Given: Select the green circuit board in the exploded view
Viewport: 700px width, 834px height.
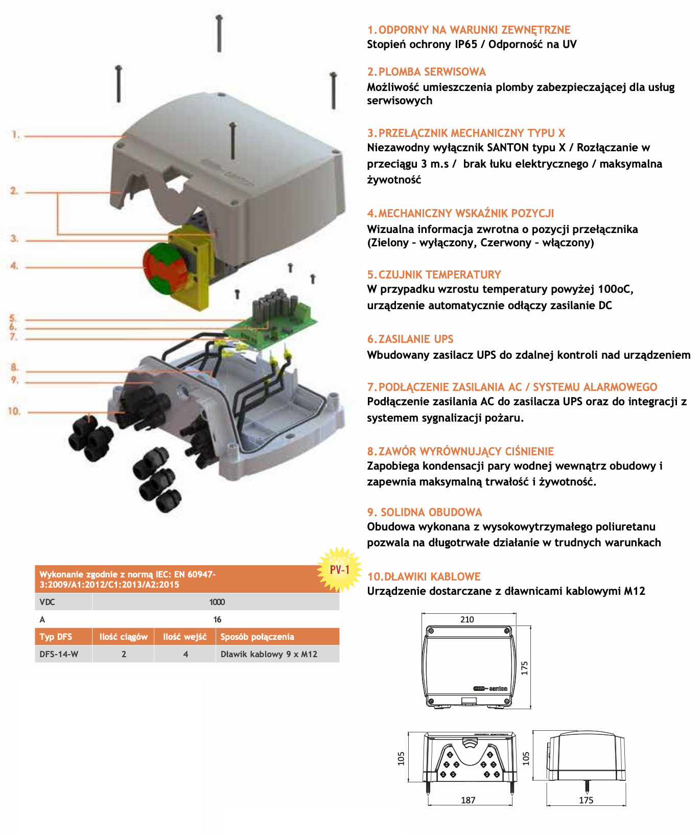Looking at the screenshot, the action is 271,322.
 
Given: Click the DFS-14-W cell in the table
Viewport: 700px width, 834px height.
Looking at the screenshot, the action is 59,654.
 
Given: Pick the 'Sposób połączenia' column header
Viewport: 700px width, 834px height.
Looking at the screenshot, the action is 258,637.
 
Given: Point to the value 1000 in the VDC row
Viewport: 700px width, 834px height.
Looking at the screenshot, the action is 217,602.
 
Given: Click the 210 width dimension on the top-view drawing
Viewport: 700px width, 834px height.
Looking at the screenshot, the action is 467,619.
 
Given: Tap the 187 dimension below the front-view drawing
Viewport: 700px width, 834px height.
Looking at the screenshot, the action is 468,800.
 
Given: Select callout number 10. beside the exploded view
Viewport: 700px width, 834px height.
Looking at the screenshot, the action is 14,411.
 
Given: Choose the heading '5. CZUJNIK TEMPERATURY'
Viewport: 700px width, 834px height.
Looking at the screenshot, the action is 434,274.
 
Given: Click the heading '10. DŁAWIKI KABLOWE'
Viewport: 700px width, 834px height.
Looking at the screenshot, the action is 424,576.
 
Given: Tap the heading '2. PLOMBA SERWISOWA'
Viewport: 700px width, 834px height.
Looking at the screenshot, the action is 427,72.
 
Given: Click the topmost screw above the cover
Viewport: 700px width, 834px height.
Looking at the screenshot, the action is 219,33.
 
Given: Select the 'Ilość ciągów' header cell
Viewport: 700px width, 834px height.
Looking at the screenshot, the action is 124,637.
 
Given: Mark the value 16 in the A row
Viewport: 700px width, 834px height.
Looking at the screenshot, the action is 217,619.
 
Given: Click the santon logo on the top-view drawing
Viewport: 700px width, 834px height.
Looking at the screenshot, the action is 491,688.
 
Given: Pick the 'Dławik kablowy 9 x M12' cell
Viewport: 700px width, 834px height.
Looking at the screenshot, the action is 269,654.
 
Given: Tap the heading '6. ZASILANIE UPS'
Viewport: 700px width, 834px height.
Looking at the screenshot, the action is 410,339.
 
